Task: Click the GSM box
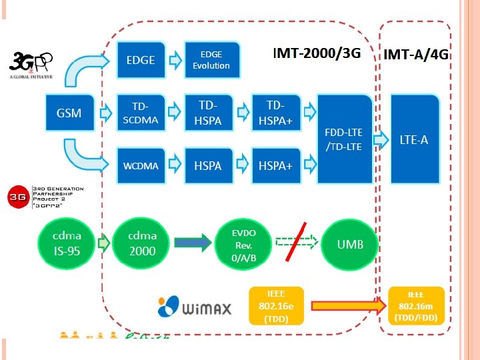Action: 69,113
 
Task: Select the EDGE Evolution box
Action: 211,60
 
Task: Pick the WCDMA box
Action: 141,165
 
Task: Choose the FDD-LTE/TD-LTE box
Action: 344,139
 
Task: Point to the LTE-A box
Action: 414,139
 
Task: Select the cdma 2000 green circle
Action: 142,243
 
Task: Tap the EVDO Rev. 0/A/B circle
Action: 243,243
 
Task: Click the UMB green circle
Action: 350,243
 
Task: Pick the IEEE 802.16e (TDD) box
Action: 275,306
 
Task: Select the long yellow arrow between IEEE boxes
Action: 347,306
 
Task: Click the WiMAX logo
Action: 194,306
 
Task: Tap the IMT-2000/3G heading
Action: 317,53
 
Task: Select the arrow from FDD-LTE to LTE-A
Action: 380,140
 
